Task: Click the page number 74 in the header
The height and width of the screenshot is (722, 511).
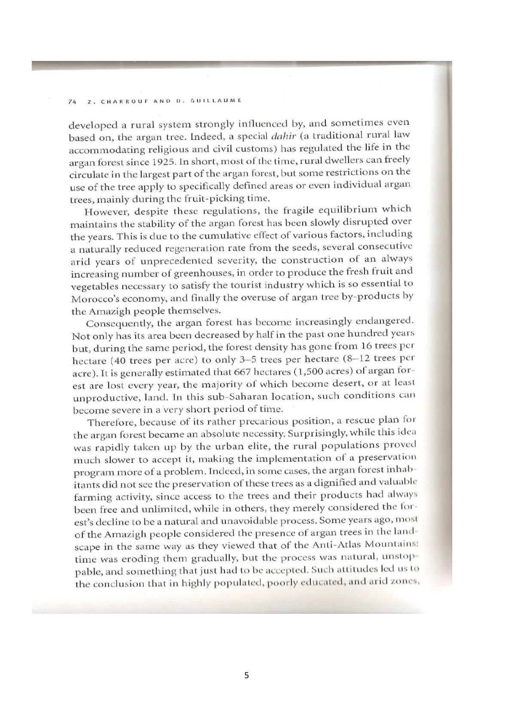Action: (x=72, y=102)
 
